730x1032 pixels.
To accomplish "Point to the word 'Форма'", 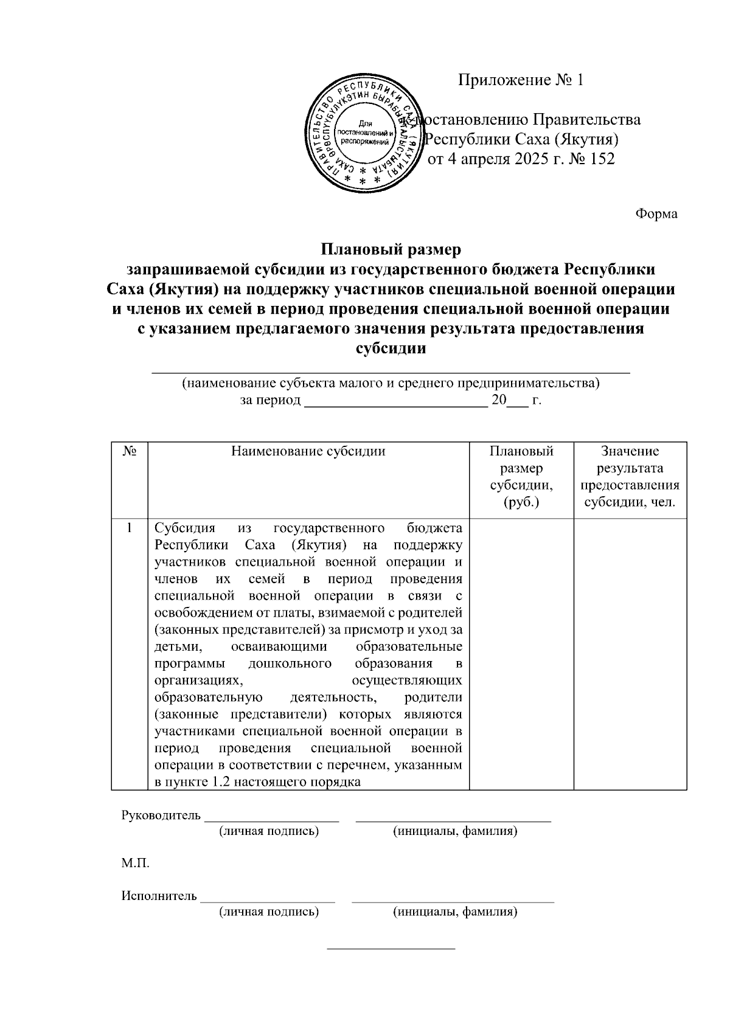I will point(656,214).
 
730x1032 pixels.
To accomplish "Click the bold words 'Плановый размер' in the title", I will point(391,249).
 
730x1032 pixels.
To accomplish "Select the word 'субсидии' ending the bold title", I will point(390,349).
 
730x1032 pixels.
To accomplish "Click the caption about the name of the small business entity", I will point(391,384).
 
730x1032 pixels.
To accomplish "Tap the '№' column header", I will point(129,452).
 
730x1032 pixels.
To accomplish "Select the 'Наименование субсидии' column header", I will point(308,451).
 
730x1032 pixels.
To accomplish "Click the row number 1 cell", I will point(129,527).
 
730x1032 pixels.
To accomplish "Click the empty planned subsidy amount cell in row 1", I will point(521,654).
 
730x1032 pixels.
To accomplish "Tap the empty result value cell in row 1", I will point(630,654).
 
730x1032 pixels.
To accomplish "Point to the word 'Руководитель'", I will point(161,815).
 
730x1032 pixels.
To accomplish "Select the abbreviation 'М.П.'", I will point(135,863).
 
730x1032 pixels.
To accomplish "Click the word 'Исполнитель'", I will point(159,896).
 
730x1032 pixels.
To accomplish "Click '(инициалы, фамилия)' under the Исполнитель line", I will point(455,912).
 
